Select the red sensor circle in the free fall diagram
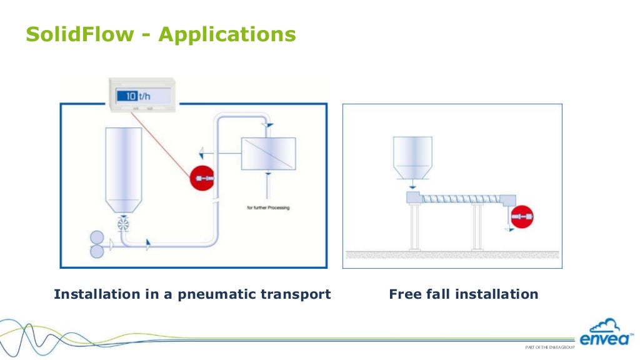click(x=521, y=216)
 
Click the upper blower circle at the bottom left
click(x=97, y=237)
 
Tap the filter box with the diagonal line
click(x=268, y=153)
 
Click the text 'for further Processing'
click(x=268, y=207)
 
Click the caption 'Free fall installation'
click(x=463, y=294)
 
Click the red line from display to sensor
click(x=162, y=144)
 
